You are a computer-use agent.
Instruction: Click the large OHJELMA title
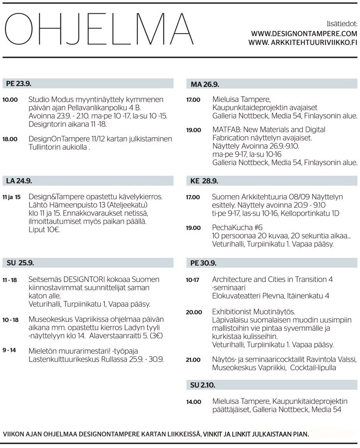96,30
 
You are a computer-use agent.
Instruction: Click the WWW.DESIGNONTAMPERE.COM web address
304,34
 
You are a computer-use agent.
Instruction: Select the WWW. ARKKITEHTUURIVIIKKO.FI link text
302,42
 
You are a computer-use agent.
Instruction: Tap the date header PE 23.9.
19,84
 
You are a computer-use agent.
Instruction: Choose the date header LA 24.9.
19,181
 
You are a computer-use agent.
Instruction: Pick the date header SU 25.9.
20,263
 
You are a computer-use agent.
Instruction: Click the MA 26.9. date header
205,84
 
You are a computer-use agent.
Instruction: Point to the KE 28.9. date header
204,181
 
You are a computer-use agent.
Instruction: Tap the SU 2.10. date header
203,385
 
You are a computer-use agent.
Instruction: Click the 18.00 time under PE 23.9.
10,139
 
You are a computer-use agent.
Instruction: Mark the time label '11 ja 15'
11,197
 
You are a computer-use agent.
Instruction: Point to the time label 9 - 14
9,351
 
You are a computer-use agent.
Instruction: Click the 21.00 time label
193,360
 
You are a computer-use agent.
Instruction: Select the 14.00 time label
193,402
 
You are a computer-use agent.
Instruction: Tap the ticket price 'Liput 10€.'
44,229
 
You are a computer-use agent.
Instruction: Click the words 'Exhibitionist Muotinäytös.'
253,312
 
